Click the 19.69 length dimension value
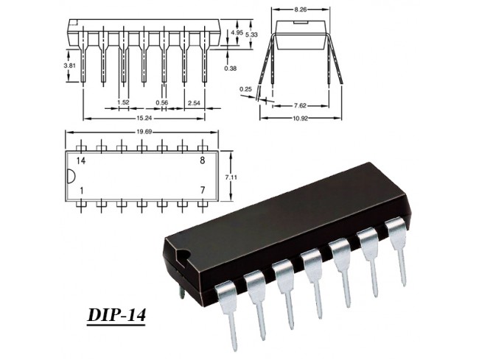[143, 132]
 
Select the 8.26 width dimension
[300, 10]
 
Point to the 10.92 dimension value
[301, 119]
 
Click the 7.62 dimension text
[300, 105]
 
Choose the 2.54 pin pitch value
[194, 103]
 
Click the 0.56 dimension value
[162, 103]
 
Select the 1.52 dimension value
[123, 102]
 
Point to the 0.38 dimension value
[231, 68]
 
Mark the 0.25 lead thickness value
[246, 89]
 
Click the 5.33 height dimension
[251, 35]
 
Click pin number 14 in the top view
[81, 160]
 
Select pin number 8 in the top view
[203, 160]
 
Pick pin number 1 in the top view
[81, 191]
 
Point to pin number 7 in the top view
[203, 191]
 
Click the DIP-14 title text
[116, 315]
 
